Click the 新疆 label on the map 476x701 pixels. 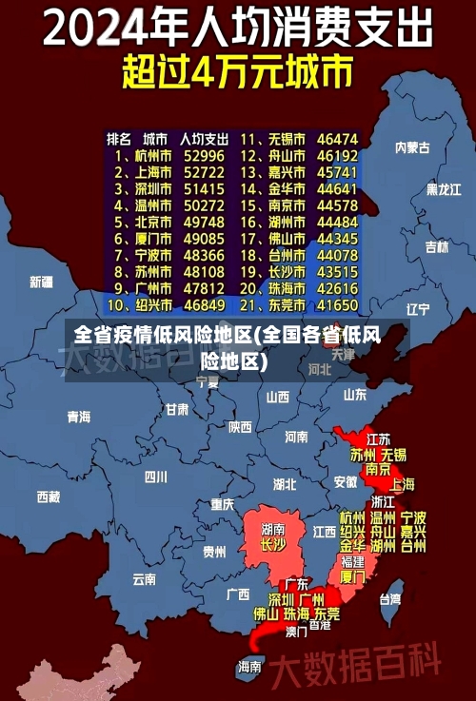click(41, 282)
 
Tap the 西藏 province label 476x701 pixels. click(49, 496)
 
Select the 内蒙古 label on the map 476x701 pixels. click(412, 147)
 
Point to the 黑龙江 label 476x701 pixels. click(444, 189)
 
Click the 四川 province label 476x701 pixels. click(155, 476)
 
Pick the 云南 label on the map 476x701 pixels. click(145, 577)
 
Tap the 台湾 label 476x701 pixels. click(390, 599)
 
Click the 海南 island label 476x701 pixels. click(250, 666)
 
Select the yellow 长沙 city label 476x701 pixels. click(273, 545)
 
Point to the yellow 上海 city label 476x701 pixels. click(402, 483)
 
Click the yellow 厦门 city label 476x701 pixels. click(352, 576)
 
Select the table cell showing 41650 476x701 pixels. click(337, 305)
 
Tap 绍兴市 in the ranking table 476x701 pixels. click(151, 305)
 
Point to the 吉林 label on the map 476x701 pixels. click(437, 247)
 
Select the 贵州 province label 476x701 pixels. click(214, 551)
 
